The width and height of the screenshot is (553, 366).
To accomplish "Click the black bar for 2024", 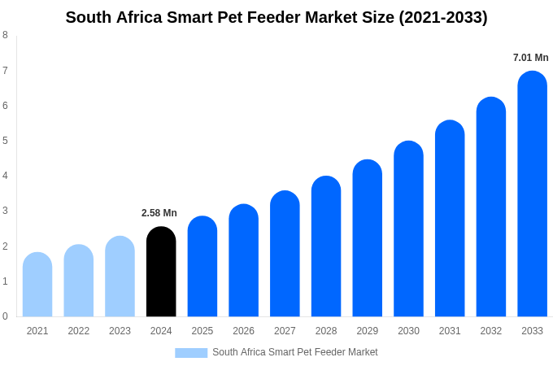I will (161, 272).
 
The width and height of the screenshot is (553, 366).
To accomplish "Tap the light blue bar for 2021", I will (37, 285).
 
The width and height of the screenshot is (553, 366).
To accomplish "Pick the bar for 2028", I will (326, 246).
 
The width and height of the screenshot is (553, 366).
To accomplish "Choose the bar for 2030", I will (408, 229).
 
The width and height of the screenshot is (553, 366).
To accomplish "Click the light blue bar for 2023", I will (120, 277).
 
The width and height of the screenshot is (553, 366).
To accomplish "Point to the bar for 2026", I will (243, 260).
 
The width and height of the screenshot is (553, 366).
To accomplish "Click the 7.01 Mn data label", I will (530, 58).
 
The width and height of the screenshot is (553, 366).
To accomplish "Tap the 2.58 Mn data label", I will (159, 213).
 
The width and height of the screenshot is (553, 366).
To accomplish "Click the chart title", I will (276, 17).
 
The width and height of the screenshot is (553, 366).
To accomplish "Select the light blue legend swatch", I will (191, 353).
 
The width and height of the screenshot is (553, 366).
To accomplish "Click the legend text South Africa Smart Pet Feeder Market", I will (295, 352).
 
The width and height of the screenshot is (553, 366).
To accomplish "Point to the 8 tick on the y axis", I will (5, 35).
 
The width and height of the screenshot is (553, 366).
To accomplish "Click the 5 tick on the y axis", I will (5, 141).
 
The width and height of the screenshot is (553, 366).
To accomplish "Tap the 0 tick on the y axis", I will (5, 316).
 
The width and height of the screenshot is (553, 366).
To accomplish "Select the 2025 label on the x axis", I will (202, 331).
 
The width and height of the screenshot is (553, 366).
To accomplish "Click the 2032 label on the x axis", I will (491, 331).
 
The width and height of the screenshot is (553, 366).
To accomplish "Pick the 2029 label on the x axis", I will (368, 331).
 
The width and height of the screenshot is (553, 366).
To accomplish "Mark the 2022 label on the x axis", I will (79, 331).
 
